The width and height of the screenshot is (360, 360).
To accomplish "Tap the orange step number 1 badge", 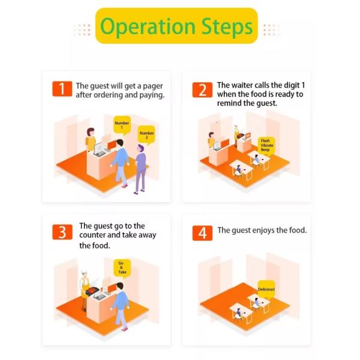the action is pos(62,89).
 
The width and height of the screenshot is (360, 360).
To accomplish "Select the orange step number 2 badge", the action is pos(202,90).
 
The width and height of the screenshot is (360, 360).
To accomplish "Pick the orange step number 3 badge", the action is pos(62,232).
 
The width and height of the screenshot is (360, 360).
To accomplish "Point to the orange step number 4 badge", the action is pos(202,233).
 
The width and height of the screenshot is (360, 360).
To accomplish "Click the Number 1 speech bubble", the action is pos(122,125).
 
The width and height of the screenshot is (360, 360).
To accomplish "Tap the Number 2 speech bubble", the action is pos(146,136).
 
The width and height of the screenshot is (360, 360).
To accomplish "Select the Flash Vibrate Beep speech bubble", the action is pos(266,146).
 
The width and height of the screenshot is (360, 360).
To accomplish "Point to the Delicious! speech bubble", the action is pos(266,289).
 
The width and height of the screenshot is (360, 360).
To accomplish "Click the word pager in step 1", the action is pos(153,86).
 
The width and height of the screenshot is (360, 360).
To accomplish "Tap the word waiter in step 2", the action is pos(244,85).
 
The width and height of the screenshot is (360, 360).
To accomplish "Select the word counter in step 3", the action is pos(92,235).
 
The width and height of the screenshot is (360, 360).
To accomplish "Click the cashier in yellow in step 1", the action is pos(91,139).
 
